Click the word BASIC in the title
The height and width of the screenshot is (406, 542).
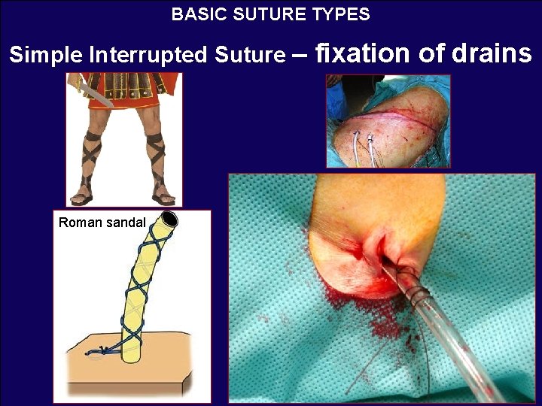pyautogui.click(x=193, y=14)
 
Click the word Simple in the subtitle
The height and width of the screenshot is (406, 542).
pyautogui.click(x=46, y=56)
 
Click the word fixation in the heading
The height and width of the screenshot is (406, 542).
pyautogui.click(x=362, y=53)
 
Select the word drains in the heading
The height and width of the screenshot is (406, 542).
pyautogui.click(x=494, y=53)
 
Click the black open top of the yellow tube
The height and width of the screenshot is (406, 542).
pyautogui.click(x=168, y=220)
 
